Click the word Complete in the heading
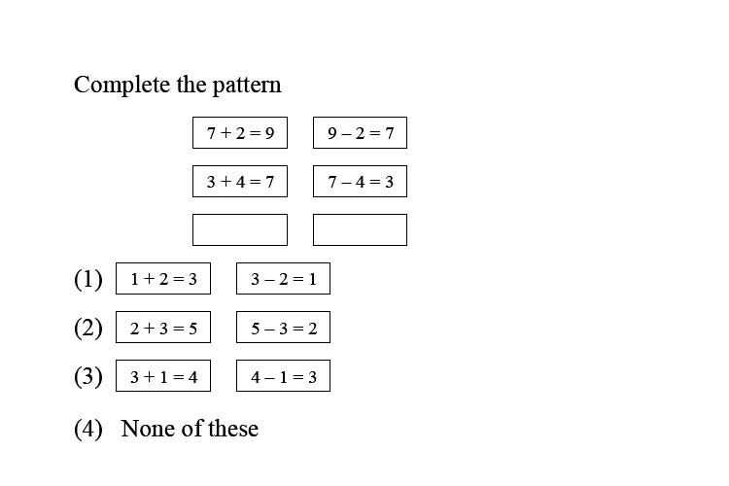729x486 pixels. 121,85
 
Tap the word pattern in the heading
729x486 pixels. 247,87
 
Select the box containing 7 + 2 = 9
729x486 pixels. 240,133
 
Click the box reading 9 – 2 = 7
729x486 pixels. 361,133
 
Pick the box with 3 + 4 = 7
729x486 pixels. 240,182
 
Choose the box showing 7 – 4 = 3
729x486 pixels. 361,182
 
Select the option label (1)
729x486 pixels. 88,279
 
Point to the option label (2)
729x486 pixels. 88,328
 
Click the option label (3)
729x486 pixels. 88,376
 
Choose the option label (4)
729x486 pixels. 88,429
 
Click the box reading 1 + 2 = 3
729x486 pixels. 163,279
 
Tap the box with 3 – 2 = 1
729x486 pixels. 283,279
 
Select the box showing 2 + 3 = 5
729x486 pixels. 163,328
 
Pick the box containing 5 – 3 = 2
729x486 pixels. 283,328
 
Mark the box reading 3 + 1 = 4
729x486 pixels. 163,376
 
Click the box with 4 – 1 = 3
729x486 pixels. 283,376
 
